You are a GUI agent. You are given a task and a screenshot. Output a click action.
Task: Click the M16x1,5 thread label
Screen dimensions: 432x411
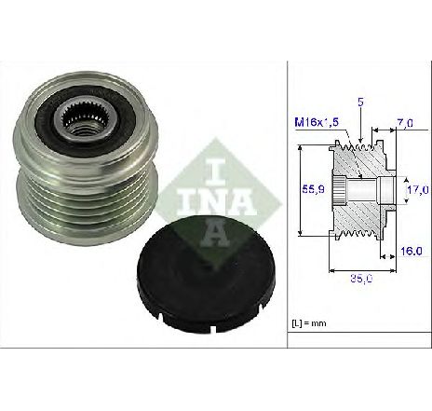coord(317,123)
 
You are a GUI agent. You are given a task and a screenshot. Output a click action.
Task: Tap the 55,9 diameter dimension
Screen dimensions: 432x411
coord(313,189)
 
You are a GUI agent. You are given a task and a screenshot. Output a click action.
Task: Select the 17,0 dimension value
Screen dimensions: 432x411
coord(418,189)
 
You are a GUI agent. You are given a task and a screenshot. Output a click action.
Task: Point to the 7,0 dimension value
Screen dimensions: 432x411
coord(405,123)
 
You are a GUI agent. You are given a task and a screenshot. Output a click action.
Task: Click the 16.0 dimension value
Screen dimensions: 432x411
coord(411,251)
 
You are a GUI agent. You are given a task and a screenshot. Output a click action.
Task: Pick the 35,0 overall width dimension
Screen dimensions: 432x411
coord(362,279)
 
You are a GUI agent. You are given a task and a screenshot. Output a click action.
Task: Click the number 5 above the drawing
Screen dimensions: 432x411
coord(360,102)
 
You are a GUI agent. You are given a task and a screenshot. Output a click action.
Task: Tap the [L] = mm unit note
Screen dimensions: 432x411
coord(309,323)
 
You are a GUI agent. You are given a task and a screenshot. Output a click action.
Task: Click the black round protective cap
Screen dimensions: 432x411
coord(206,275)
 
